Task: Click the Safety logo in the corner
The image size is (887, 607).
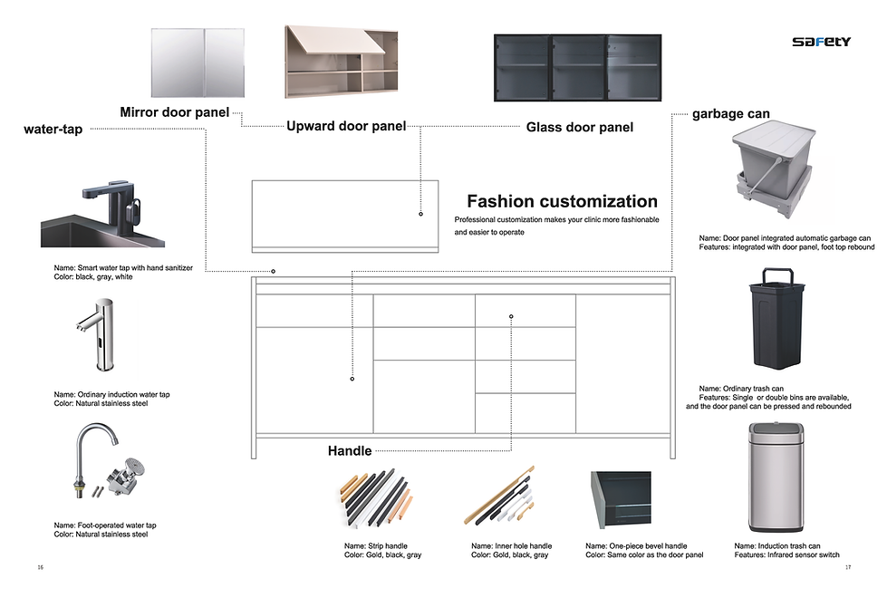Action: [x=821, y=42]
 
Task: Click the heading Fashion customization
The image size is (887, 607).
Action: [x=562, y=201]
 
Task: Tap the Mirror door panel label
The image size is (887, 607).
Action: [x=175, y=112]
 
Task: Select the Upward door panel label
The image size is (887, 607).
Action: [x=346, y=127]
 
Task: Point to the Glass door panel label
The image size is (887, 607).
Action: [x=579, y=128]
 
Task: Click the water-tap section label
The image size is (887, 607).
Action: [x=53, y=130]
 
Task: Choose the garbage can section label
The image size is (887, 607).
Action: [x=730, y=114]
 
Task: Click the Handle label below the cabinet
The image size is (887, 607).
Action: [x=350, y=450]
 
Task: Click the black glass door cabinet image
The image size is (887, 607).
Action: [x=577, y=68]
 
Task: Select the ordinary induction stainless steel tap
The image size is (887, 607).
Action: [x=98, y=336]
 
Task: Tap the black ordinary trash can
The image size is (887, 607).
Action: [x=776, y=318]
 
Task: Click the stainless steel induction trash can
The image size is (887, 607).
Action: [x=776, y=479]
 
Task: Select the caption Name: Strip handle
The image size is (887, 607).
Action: [x=376, y=546]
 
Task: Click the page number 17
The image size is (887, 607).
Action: [x=848, y=568]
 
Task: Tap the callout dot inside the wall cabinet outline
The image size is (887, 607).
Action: [x=420, y=214]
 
